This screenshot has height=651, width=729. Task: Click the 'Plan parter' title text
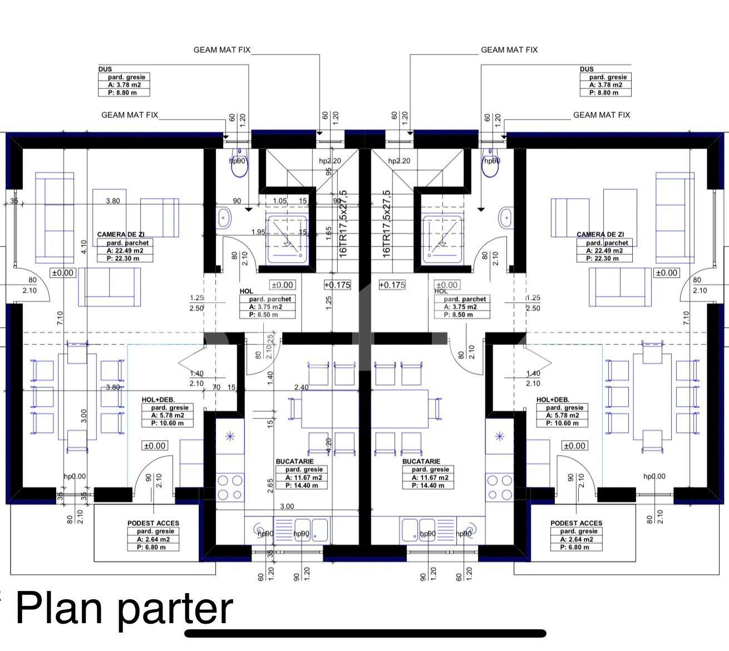(x=124, y=608)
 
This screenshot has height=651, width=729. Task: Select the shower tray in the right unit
(x=443, y=239)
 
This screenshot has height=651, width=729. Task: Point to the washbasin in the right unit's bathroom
(x=505, y=218)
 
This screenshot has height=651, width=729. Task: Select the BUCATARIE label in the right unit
(x=421, y=461)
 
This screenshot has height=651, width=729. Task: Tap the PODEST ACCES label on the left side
(x=154, y=523)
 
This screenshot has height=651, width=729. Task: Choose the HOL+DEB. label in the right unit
(x=553, y=400)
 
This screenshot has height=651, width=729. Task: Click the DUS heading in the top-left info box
(x=105, y=70)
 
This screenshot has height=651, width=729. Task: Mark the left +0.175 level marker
(x=337, y=285)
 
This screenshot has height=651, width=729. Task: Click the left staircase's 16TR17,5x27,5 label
(x=343, y=223)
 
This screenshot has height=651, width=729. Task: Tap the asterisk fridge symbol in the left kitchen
(x=230, y=436)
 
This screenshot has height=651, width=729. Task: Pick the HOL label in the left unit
(x=246, y=291)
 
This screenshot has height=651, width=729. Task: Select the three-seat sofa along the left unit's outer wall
(x=55, y=217)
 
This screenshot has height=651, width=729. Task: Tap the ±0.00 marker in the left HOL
(x=282, y=285)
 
